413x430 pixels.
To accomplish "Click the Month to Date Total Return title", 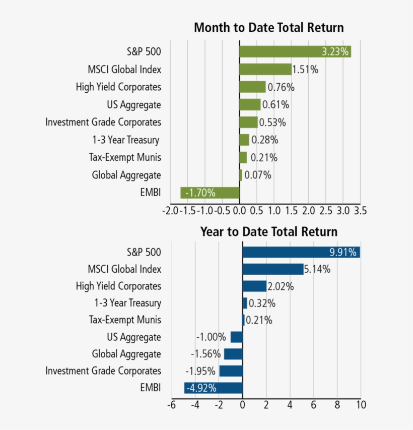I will click(x=268, y=27).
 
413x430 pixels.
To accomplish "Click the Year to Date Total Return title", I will click(x=268, y=232).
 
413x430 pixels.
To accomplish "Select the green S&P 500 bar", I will click(x=295, y=52).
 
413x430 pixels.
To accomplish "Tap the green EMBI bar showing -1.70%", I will click(x=210, y=193).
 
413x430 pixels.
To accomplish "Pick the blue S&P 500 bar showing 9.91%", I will click(x=301, y=252).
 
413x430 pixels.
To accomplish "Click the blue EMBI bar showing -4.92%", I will click(x=214, y=388).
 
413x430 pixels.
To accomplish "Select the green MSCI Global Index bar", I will click(x=265, y=70).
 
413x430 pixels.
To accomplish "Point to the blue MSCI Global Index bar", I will click(x=272, y=269).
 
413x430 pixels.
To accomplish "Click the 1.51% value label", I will click(x=305, y=70).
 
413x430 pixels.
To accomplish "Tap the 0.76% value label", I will click(x=281, y=87).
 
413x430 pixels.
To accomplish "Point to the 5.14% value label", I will click(x=317, y=269).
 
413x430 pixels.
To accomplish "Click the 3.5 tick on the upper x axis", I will click(x=360, y=210).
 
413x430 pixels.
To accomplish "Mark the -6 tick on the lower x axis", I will click(x=171, y=405).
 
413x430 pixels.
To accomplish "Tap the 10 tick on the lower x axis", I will click(x=360, y=405).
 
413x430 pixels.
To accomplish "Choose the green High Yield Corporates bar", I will click(x=252, y=87).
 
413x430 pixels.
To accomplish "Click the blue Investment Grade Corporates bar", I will click(x=231, y=371).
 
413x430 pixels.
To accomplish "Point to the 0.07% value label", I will click(x=258, y=175).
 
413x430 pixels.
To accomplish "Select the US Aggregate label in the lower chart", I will click(x=134, y=337).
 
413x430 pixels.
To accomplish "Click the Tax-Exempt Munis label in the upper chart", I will click(x=125, y=157).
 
